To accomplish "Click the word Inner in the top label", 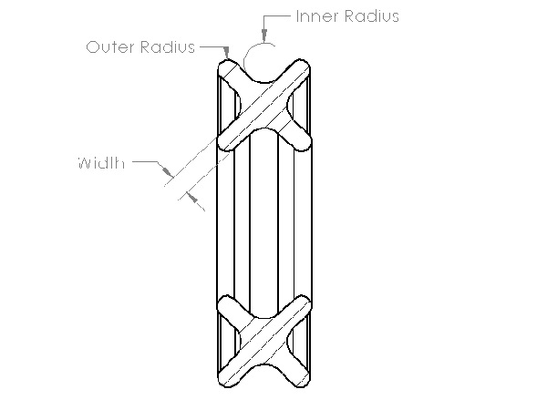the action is [316, 16].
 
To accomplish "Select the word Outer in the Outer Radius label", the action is [110, 47].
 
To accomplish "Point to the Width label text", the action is [101, 163].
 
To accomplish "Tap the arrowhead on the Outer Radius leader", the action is [227, 53].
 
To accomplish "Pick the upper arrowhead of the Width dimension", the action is [168, 171].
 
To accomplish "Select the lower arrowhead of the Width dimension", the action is [192, 198].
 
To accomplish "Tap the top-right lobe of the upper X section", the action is [299, 70].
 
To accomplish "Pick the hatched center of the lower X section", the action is [263, 342].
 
